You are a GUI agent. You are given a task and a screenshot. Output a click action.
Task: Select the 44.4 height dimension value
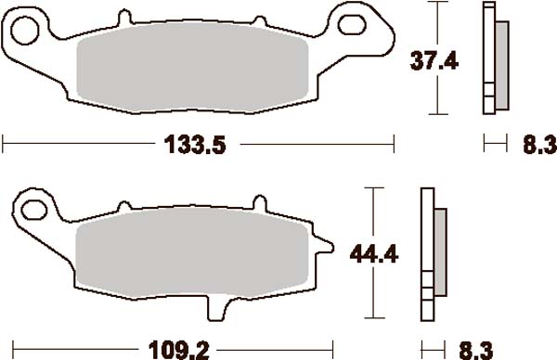pyautogui.click(x=372, y=253)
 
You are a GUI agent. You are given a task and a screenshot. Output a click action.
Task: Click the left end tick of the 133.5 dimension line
pyautogui.click(x=4, y=144)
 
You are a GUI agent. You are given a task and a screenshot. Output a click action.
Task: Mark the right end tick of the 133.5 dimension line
pyautogui.click(x=395, y=144)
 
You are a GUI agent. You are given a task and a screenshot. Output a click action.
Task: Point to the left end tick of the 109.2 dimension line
pyautogui.click(x=4, y=350)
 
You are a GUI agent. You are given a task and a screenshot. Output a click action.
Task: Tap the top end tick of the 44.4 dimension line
pyautogui.click(x=372, y=187)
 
